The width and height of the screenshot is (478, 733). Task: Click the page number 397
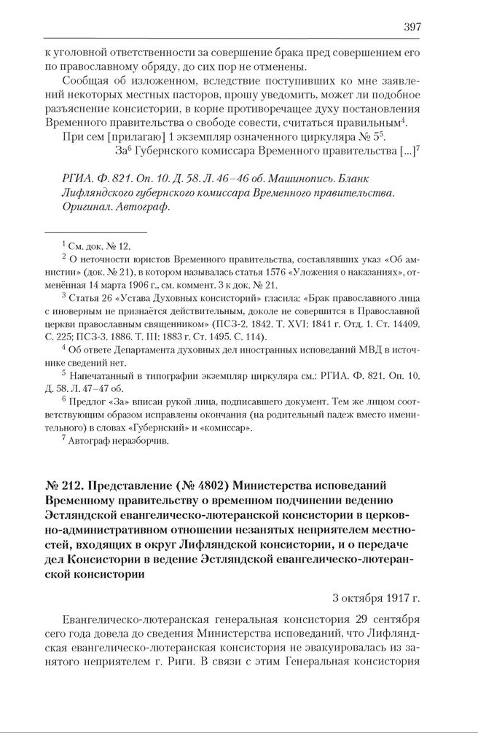coord(412,27)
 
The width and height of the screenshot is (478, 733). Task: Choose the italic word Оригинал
coord(87,206)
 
